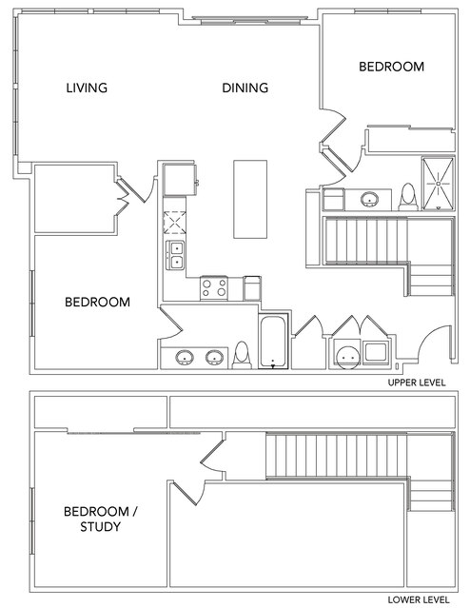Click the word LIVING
(87, 88)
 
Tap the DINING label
(245, 88)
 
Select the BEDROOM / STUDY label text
(101, 519)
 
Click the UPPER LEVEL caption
(417, 382)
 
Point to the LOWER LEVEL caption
(419, 599)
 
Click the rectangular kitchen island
(250, 199)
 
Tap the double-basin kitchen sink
(175, 255)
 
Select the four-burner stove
(214, 288)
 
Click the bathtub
(273, 342)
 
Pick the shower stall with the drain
(438, 184)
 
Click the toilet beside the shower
(408, 197)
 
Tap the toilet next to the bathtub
(242, 355)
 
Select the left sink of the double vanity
(185, 357)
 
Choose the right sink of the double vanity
(214, 357)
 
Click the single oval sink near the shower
(369, 199)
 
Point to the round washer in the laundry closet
(348, 358)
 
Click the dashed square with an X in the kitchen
(174, 223)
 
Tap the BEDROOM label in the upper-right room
(391, 67)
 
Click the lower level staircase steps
(337, 456)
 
